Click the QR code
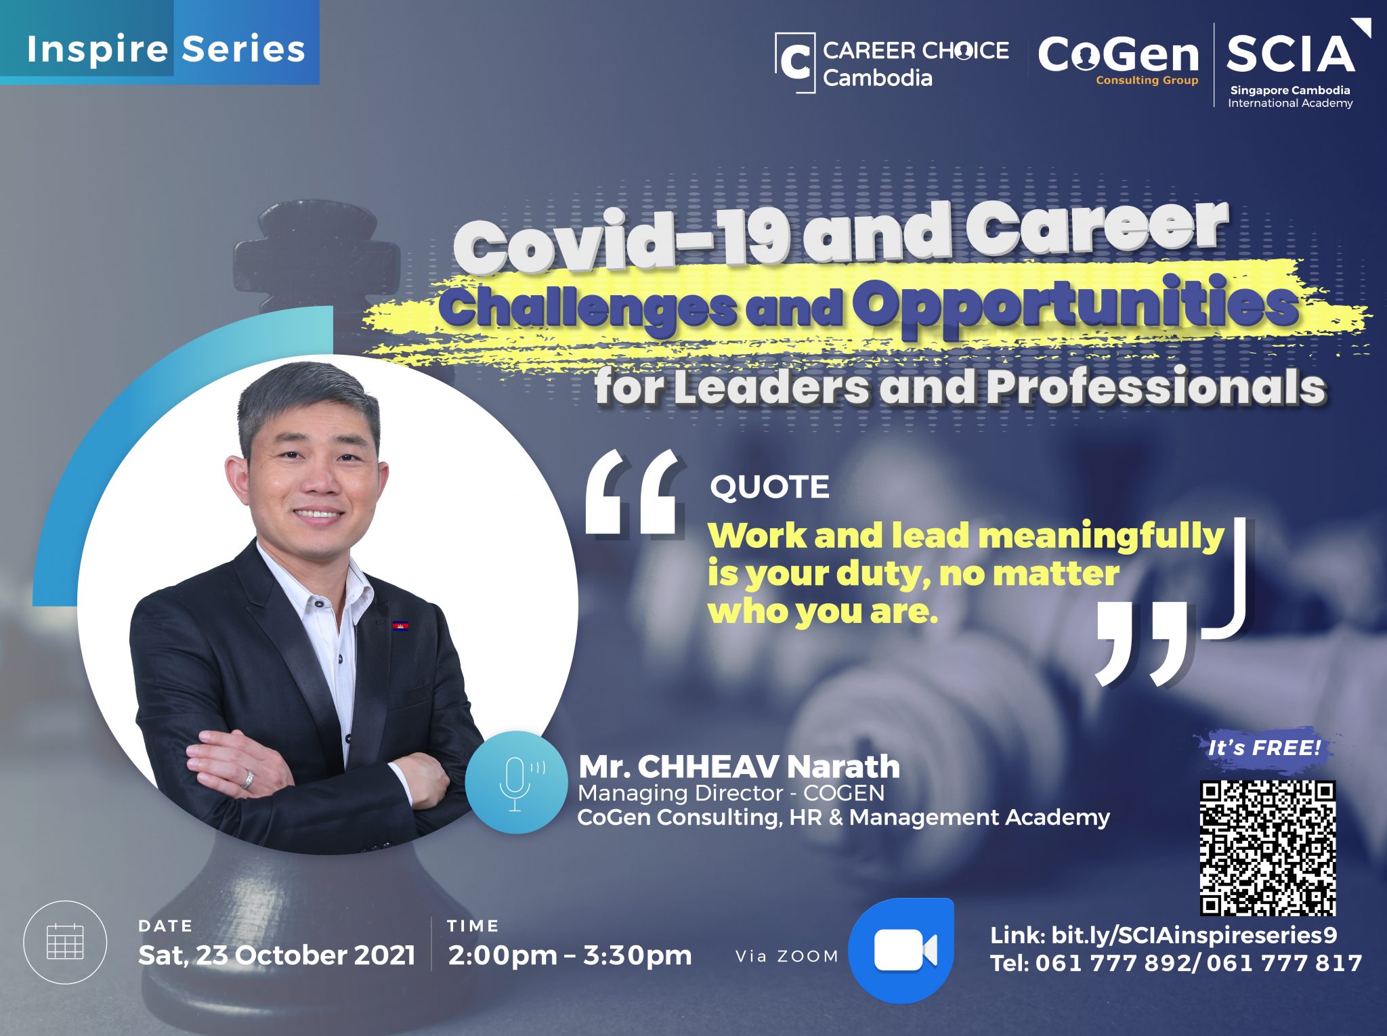coord(1268,848)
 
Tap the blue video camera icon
coord(901,950)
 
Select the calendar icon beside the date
coord(65,942)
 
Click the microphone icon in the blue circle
coord(516,783)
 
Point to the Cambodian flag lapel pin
coord(400,625)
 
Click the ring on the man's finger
coord(249,779)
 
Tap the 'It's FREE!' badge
coord(1264,748)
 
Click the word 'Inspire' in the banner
coord(98,49)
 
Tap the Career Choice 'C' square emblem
coord(795,62)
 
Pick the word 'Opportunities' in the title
coord(1076,305)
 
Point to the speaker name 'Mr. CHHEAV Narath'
coord(739,767)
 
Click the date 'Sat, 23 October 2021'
coord(276,955)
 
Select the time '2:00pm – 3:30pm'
coord(570,955)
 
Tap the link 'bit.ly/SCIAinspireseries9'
coord(1194,935)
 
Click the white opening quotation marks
coord(633,492)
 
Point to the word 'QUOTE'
coord(769,487)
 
